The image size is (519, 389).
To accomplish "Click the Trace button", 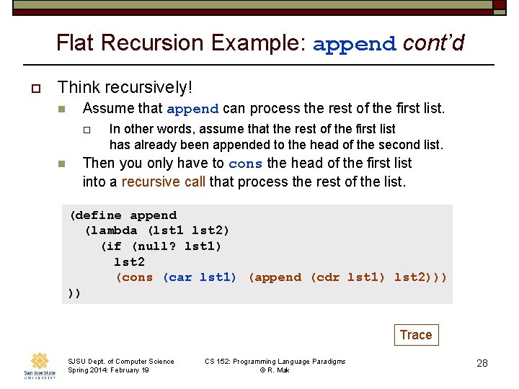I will (416, 335).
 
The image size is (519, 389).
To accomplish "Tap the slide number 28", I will (482, 363).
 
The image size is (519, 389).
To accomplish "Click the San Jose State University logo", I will (39, 365).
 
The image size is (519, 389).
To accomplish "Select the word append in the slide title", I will (355, 44).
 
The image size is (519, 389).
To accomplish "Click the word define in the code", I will (99, 215).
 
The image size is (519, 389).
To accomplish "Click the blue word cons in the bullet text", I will (245, 164).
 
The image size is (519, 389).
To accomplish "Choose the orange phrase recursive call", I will (163, 182).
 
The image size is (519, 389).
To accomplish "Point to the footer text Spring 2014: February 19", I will (108, 370).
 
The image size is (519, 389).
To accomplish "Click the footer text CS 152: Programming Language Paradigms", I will (275, 361).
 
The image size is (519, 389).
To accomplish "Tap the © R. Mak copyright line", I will (275, 370).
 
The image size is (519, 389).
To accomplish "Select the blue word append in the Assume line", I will (192, 109).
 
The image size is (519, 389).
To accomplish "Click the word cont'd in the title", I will (433, 43).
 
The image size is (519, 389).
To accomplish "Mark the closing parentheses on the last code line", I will (74, 293).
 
